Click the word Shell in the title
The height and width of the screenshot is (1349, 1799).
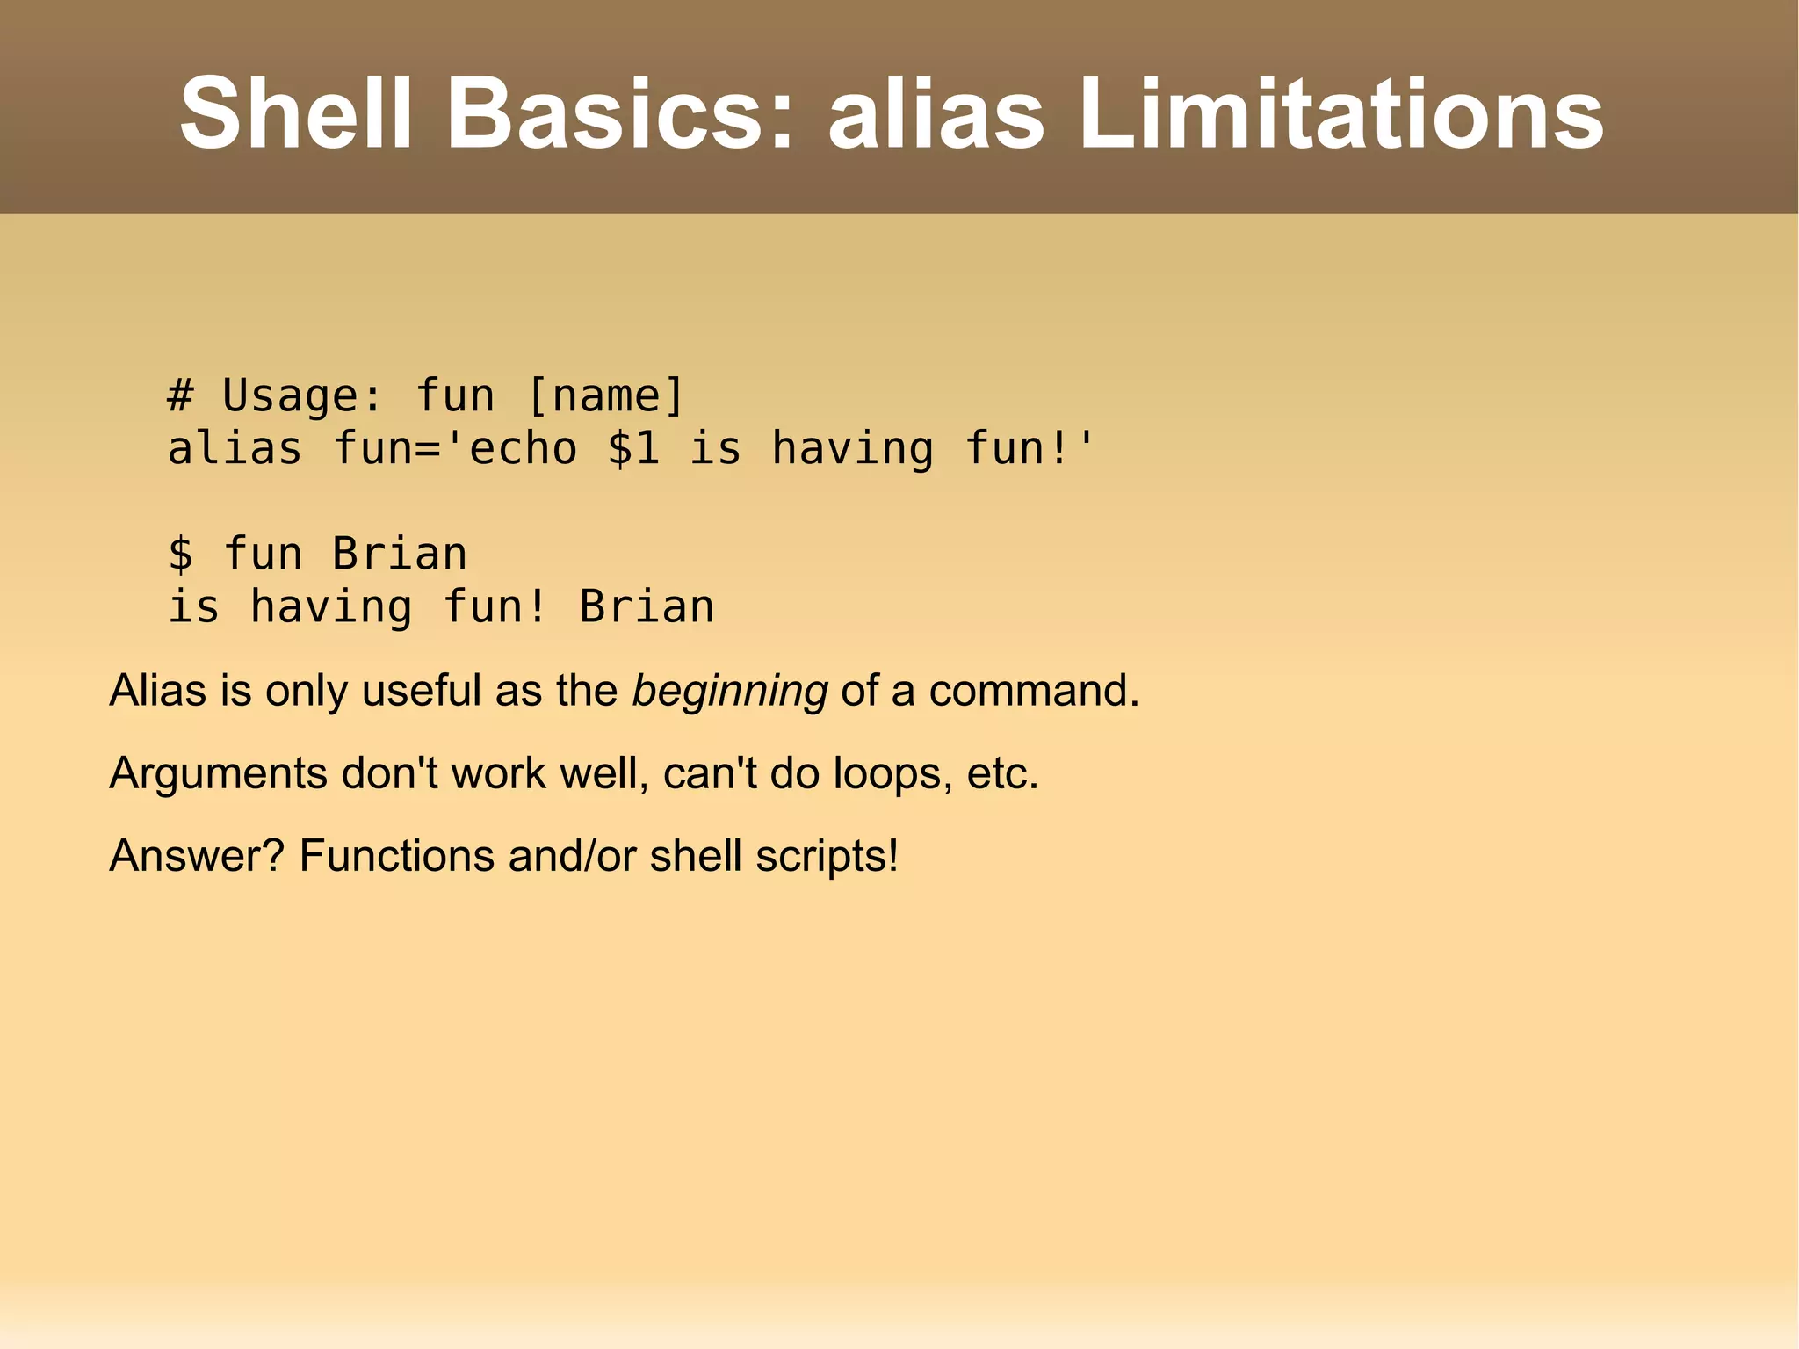[x=295, y=114]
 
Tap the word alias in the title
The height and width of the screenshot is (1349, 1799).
[x=936, y=114]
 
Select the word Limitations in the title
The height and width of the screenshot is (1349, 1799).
[x=1340, y=114]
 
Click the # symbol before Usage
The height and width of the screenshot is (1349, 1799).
[x=180, y=395]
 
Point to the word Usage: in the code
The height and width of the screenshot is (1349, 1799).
[x=303, y=395]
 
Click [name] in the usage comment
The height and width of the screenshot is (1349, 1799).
[x=605, y=395]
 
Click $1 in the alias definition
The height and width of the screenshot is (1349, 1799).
[x=633, y=448]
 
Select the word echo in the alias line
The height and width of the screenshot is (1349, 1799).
[x=523, y=448]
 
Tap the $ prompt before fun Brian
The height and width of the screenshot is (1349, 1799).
[x=180, y=554]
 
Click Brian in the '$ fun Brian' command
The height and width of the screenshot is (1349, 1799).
[x=400, y=554]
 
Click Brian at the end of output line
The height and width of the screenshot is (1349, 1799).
[x=647, y=606]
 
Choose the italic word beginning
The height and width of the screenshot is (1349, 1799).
[x=730, y=691]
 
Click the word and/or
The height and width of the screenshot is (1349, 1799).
[x=572, y=855]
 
